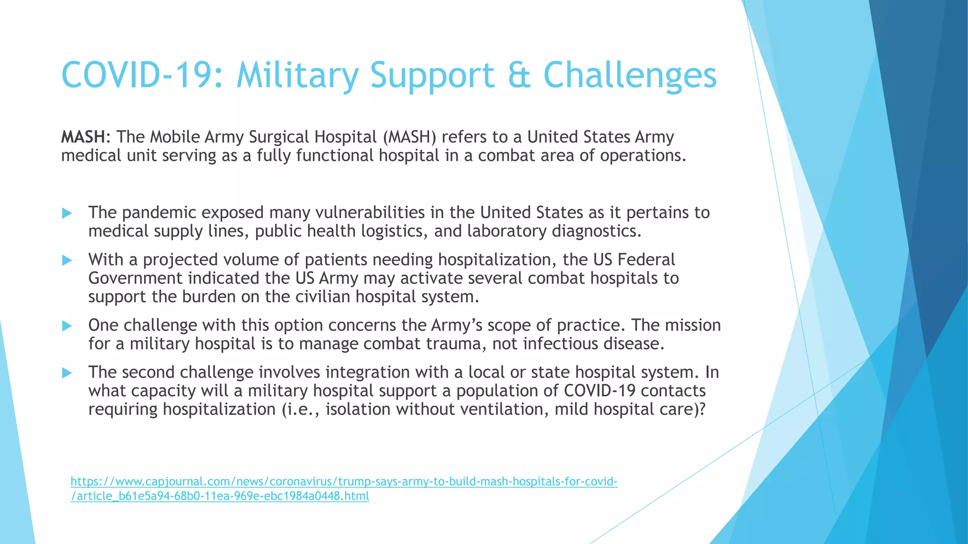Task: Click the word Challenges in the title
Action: (x=630, y=76)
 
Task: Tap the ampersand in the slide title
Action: (x=519, y=76)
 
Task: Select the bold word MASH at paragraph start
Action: (x=83, y=137)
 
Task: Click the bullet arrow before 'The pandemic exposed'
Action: (x=67, y=213)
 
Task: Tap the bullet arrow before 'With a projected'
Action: (x=67, y=260)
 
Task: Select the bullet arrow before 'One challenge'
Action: (x=67, y=326)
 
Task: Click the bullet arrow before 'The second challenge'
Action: (x=67, y=373)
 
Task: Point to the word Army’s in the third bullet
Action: (x=457, y=325)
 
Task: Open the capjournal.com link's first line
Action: (x=344, y=482)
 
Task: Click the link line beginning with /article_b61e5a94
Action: (x=220, y=496)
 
